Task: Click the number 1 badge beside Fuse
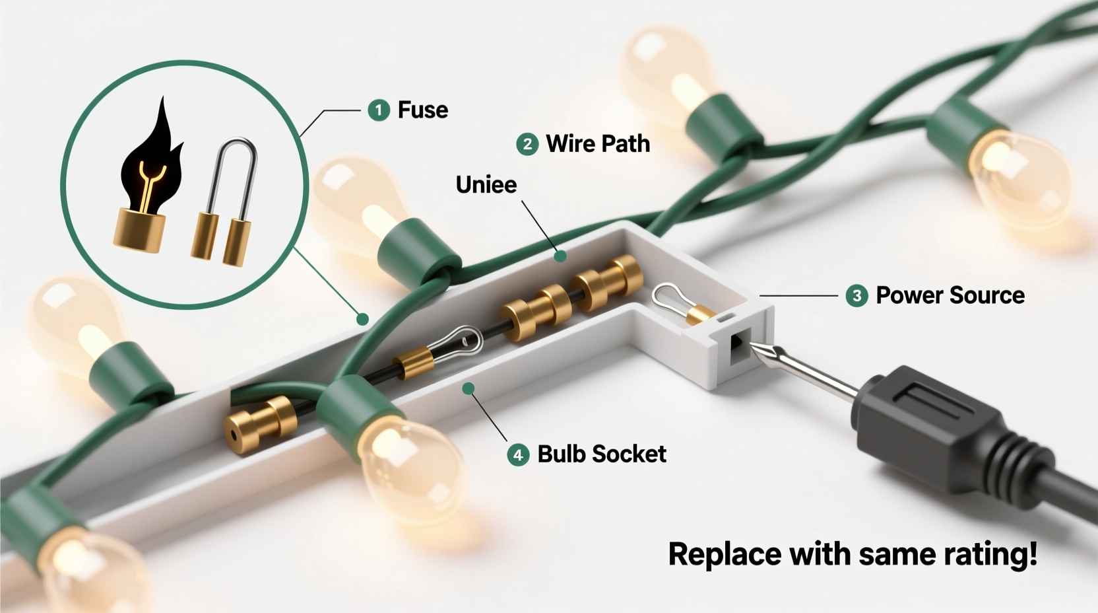point(379,110)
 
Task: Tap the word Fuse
point(422,110)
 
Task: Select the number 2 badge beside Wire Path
point(527,143)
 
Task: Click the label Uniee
point(486,184)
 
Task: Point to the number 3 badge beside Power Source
point(856,295)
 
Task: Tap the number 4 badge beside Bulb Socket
point(518,454)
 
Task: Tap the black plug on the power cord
point(924,423)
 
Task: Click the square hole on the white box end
point(738,347)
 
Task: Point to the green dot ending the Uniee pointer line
point(560,256)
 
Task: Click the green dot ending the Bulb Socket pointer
point(468,388)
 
